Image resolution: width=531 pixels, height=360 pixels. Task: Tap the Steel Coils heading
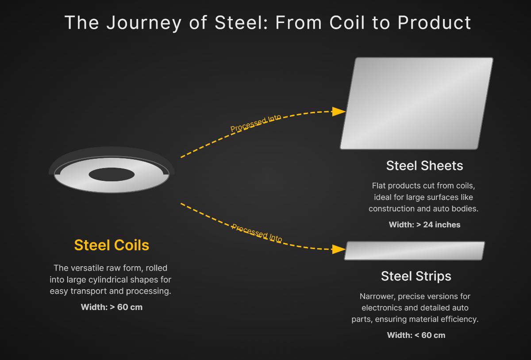pyautogui.click(x=112, y=245)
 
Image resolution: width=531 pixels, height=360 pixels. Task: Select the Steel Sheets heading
pyautogui.click(x=424, y=165)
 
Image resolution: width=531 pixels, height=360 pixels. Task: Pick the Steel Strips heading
pyautogui.click(x=416, y=276)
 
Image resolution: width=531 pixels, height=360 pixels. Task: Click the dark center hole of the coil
pyautogui.click(x=112, y=175)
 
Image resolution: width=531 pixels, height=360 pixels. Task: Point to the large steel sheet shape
pyautogui.click(x=416, y=103)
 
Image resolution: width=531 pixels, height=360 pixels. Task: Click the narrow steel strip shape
pyautogui.click(x=415, y=251)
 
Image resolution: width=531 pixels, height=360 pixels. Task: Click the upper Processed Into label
pyautogui.click(x=256, y=124)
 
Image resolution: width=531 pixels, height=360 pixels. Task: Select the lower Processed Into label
pyautogui.click(x=257, y=233)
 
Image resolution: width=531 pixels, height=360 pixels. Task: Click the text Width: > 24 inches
pyautogui.click(x=424, y=225)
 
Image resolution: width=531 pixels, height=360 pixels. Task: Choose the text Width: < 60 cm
pyautogui.click(x=416, y=335)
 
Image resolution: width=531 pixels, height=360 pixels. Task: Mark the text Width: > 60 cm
pyautogui.click(x=112, y=307)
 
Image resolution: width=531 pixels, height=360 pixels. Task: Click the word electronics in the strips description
pyautogui.click(x=382, y=307)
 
